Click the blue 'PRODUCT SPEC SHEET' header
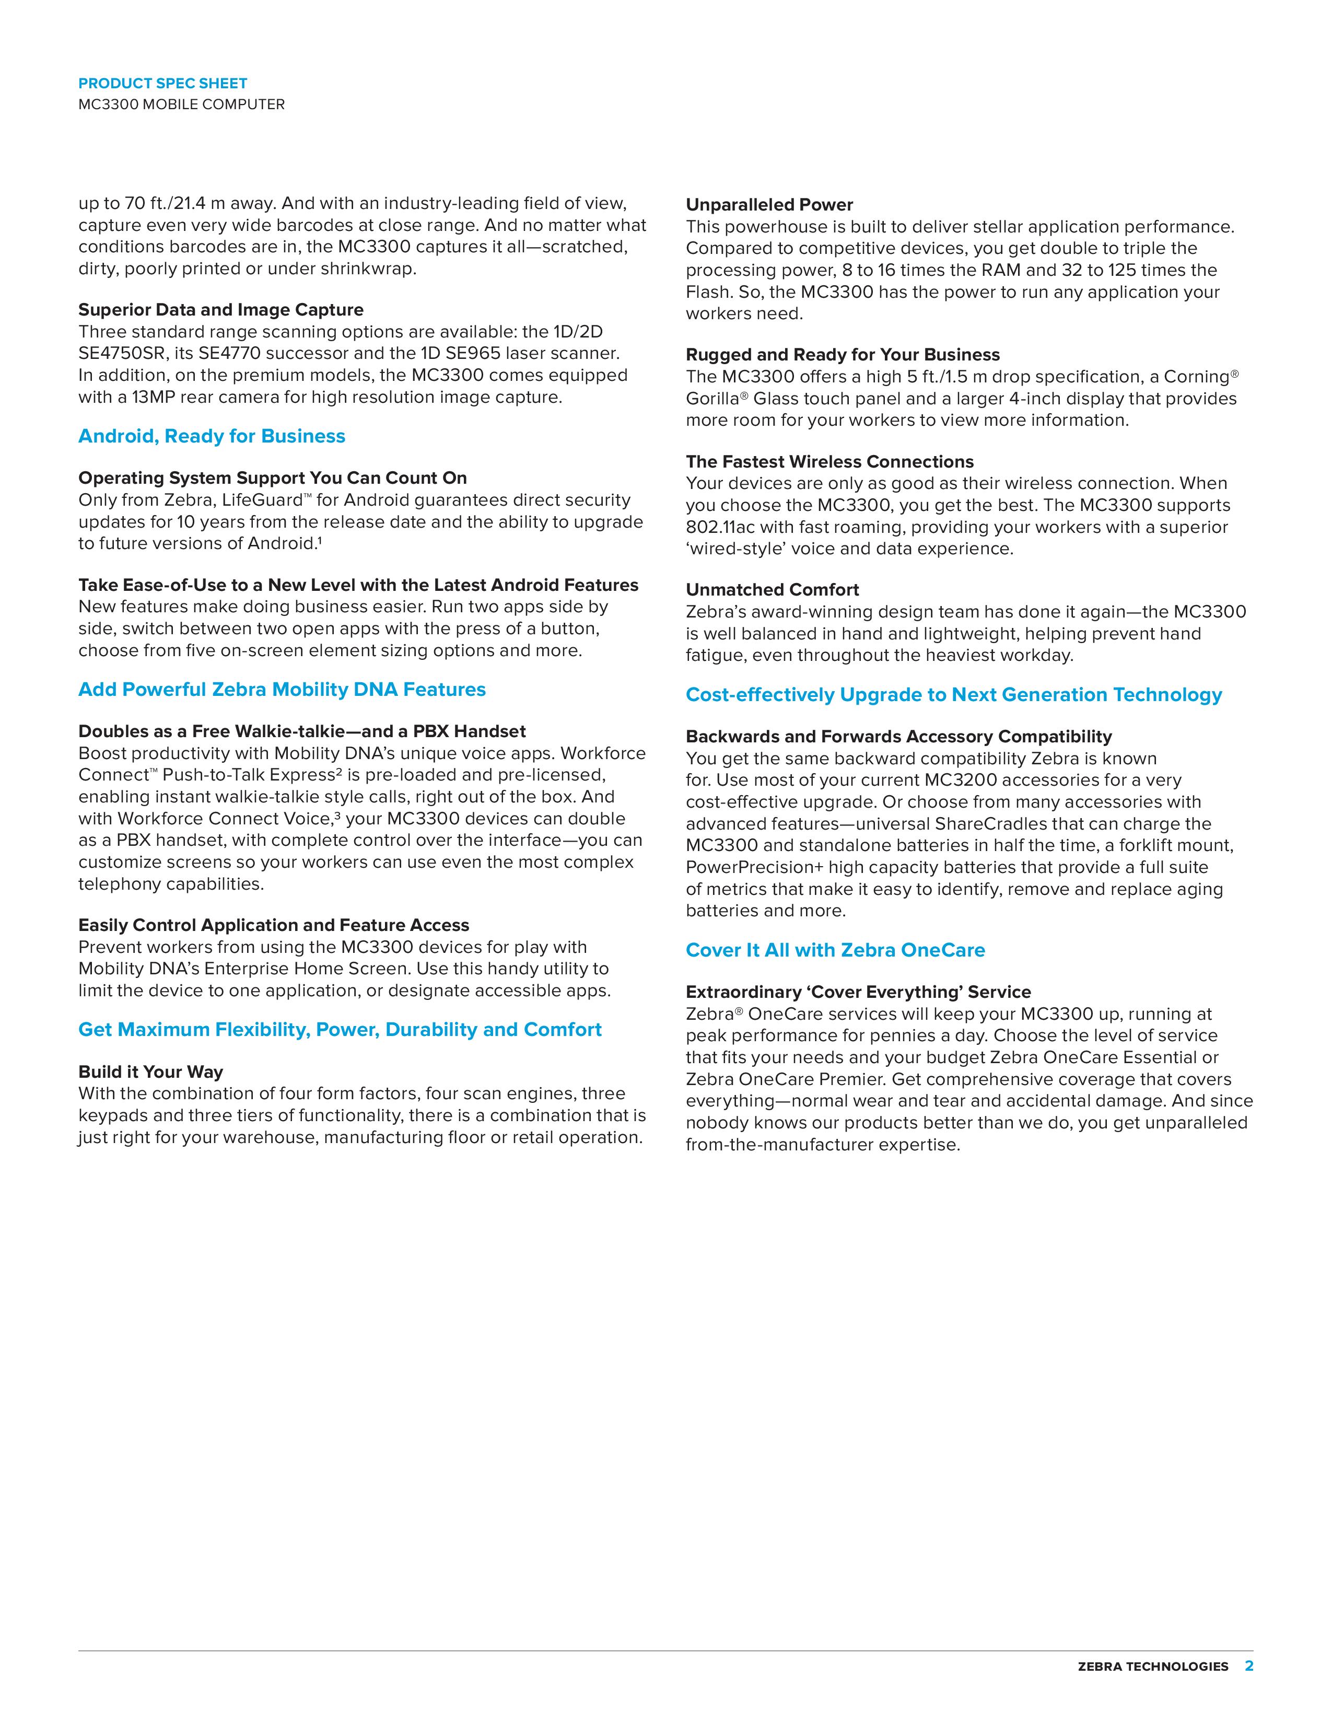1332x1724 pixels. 162,83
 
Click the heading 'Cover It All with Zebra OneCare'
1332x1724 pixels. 835,950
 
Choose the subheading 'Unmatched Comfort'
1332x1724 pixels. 772,590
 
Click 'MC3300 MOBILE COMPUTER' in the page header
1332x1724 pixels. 181,104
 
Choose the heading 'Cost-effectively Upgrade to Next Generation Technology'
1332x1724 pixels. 953,695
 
